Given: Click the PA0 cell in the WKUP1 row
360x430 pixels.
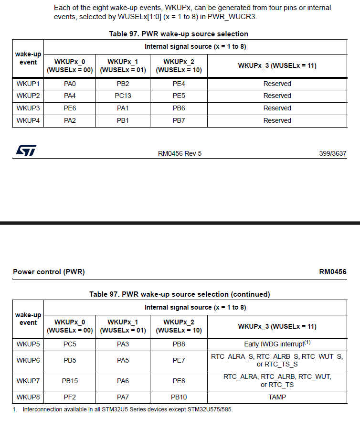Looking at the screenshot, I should (x=70, y=84).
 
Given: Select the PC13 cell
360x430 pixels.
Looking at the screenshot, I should (x=123, y=96).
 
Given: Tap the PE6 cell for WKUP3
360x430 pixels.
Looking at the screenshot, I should (x=70, y=108).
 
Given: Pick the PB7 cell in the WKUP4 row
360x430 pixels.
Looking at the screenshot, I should (x=179, y=120).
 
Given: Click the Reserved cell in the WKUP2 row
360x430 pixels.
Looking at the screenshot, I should (x=277, y=96).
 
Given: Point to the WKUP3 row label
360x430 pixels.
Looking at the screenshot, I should (x=28, y=108).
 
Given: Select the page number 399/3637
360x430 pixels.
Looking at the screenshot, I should (x=333, y=153).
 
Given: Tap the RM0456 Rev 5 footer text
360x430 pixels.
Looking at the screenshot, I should (x=180, y=153).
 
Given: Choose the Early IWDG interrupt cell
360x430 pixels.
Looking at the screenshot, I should (x=277, y=344).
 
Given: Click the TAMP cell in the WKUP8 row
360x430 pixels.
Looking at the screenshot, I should (x=277, y=397).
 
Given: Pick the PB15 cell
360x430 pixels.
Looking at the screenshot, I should (x=70, y=381).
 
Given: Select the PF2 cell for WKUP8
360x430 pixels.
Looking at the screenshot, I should (x=70, y=397).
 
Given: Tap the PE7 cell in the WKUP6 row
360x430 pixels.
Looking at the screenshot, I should (x=179, y=360).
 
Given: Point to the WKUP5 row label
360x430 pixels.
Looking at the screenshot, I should (x=28, y=344).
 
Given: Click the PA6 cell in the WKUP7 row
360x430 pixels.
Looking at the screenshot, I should (x=123, y=381).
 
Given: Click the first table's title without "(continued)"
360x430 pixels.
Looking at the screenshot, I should (x=179, y=34).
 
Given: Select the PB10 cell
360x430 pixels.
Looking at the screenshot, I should (x=179, y=397).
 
